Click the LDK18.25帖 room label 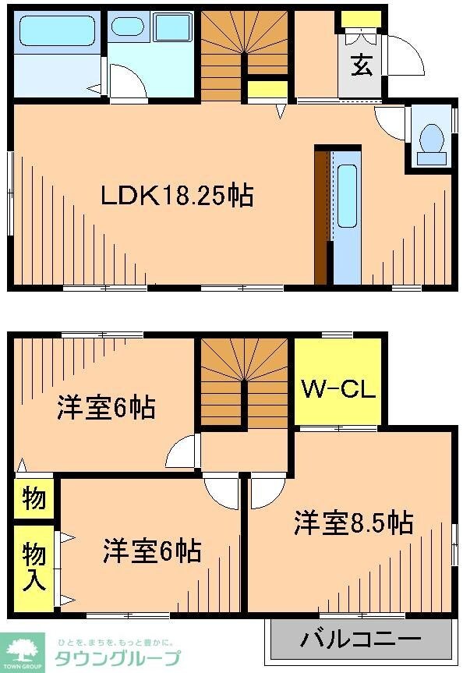(177, 195)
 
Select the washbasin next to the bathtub (128, 27)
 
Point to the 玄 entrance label (360, 66)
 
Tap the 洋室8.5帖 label (353, 522)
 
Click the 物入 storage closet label (34, 567)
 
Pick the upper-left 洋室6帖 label (106, 407)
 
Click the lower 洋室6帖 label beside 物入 (152, 551)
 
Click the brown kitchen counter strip (321, 217)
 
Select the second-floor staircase (246, 383)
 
